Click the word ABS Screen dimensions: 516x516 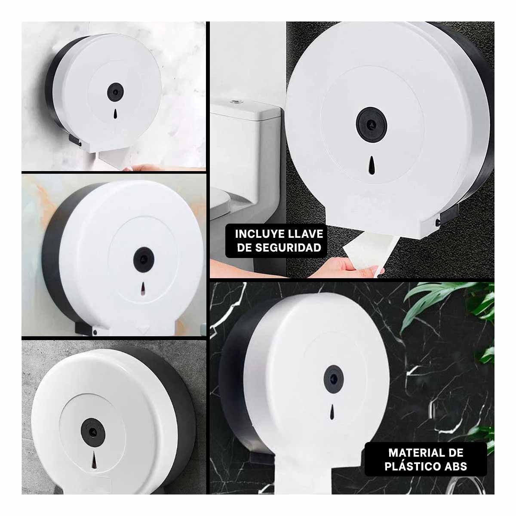[x=456, y=467]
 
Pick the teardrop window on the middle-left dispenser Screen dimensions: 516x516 [x=143, y=289]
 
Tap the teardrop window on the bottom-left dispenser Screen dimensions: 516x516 [x=93, y=462]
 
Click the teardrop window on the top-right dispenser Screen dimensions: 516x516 [x=372, y=165]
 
